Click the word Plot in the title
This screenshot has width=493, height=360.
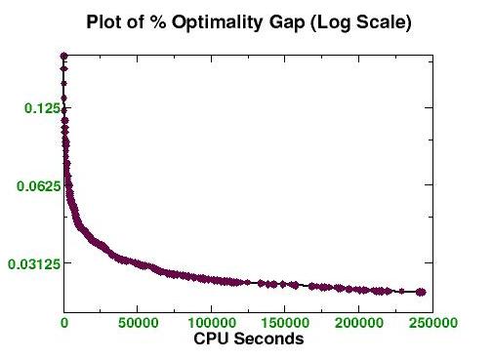click(104, 21)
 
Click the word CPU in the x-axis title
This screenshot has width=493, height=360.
click(212, 340)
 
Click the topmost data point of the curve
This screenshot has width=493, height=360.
click(63, 57)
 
